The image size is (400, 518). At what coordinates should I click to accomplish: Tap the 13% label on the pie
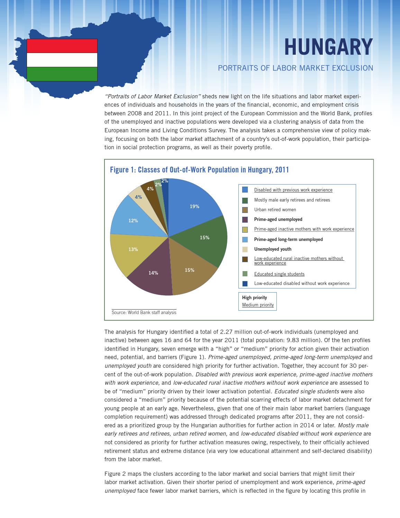(x=133, y=249)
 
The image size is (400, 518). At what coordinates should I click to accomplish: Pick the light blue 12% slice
(x=133, y=220)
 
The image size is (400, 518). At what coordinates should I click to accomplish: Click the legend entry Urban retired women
(x=275, y=209)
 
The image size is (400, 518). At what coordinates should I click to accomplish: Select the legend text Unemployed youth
(x=273, y=249)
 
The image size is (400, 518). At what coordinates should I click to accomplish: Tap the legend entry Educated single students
(x=279, y=274)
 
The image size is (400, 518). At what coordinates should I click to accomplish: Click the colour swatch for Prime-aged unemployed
(x=245, y=220)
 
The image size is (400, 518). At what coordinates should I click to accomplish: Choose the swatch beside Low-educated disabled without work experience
(x=245, y=284)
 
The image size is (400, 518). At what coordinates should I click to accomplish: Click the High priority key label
(x=254, y=297)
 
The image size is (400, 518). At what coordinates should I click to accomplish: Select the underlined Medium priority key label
(x=258, y=305)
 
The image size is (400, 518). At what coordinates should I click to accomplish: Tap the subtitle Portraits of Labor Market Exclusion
(x=295, y=68)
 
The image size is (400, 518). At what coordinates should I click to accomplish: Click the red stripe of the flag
(x=62, y=46)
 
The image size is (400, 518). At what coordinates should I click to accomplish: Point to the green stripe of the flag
(x=62, y=74)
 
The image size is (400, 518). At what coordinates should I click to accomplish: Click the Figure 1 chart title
(x=199, y=170)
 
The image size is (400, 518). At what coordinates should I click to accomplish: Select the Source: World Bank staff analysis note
(x=144, y=312)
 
